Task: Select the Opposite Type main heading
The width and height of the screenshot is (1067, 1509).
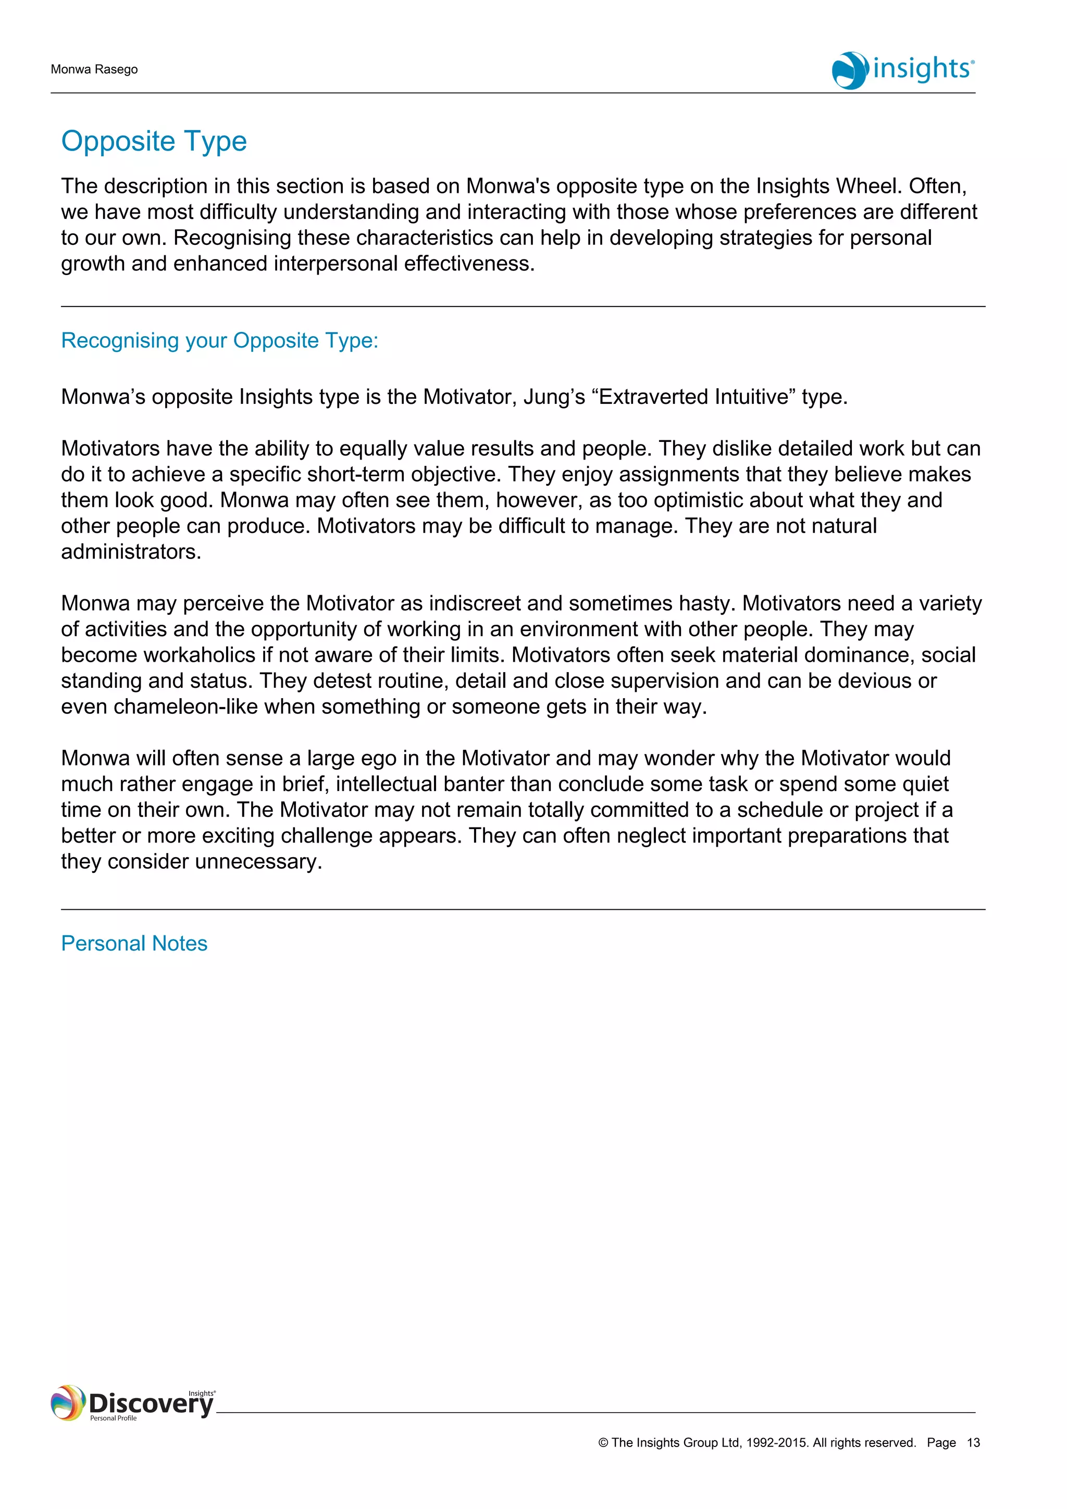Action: click(x=154, y=141)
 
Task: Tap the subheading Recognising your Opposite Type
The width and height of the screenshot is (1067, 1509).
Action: click(x=219, y=340)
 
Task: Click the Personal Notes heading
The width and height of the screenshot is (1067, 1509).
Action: click(x=134, y=943)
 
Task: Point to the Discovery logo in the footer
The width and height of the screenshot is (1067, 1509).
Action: click(x=133, y=1403)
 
